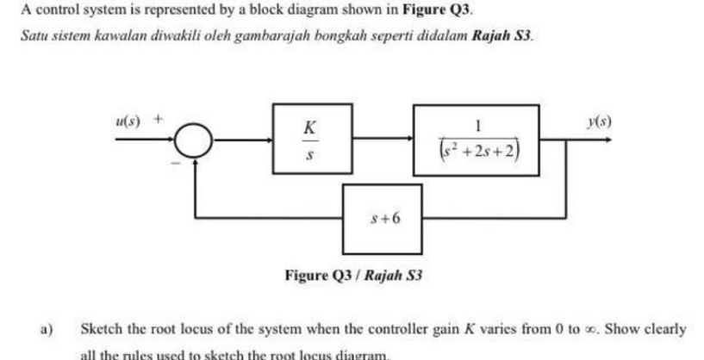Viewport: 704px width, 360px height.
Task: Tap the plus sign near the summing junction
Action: coord(159,118)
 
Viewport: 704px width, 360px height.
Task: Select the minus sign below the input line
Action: coord(179,159)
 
